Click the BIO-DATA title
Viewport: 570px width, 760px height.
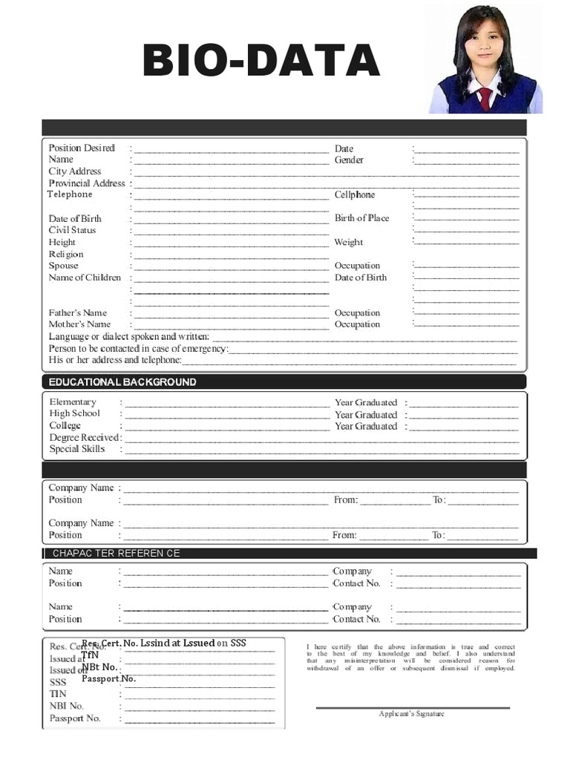[x=261, y=61]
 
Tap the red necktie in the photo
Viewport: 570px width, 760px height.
[x=485, y=98]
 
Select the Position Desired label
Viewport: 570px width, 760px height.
[x=82, y=148]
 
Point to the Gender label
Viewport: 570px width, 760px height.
[x=349, y=160]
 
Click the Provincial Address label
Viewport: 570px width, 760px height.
[x=87, y=183]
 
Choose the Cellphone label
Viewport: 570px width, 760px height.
[x=355, y=194]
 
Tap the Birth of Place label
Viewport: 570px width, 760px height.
[x=361, y=218]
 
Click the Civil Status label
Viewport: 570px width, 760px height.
[x=72, y=230]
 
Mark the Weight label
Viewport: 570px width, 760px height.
[x=348, y=242]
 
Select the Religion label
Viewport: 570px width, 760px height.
[x=66, y=254]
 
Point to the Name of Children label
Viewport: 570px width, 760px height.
[x=85, y=278]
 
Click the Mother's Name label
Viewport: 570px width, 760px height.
[x=79, y=324]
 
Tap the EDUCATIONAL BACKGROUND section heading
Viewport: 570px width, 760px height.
[x=122, y=381]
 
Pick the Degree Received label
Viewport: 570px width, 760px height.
[x=84, y=437]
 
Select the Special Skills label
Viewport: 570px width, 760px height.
[x=77, y=449]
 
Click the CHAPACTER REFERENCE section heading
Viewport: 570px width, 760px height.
[x=116, y=553]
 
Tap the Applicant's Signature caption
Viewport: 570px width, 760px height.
[x=411, y=714]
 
